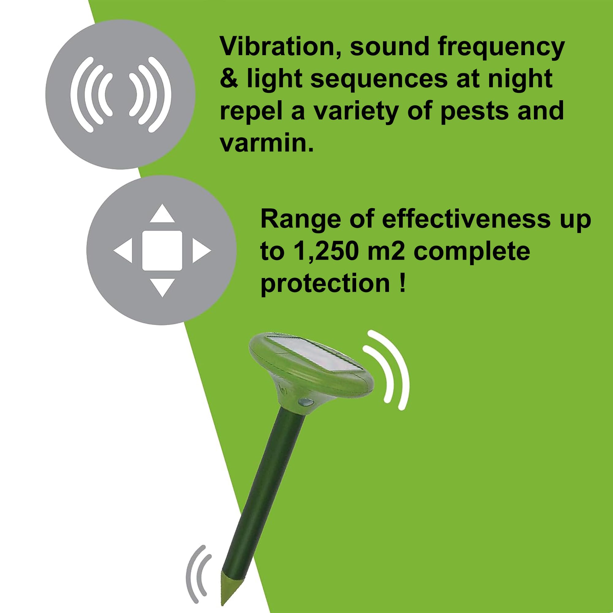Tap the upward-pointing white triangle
click(x=162, y=213)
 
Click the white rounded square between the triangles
click(x=162, y=251)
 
